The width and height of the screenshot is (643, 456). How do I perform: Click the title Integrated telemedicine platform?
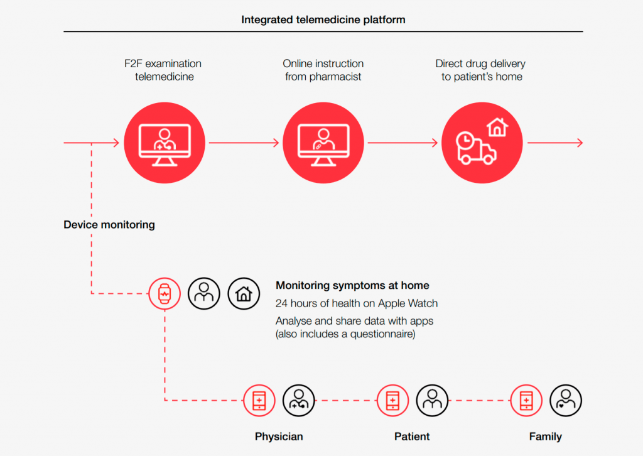click(x=323, y=19)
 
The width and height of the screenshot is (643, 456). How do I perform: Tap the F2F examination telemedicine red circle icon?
click(x=165, y=143)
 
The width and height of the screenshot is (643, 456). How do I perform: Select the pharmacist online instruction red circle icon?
click(x=323, y=143)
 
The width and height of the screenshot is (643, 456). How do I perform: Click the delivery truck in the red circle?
click(x=476, y=149)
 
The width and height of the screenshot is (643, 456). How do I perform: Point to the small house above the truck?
click(x=497, y=127)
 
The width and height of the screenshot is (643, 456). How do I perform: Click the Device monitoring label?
click(x=109, y=225)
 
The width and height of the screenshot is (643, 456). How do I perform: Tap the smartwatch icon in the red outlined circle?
click(x=165, y=293)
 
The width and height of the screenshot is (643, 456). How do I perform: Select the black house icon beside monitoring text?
click(x=244, y=293)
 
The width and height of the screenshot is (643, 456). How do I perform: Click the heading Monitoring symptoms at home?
click(x=352, y=285)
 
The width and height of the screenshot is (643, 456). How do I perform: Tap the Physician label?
click(x=279, y=437)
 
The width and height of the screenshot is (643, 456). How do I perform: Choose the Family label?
click(x=546, y=437)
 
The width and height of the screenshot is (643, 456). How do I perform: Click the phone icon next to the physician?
click(x=259, y=400)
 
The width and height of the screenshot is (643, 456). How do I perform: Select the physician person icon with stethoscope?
click(x=298, y=400)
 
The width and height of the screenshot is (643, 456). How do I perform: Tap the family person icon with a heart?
click(x=566, y=400)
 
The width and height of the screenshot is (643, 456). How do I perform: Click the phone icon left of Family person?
click(x=526, y=400)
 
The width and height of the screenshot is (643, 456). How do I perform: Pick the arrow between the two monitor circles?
click(x=244, y=143)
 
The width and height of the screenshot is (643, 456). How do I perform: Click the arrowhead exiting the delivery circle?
click(x=580, y=143)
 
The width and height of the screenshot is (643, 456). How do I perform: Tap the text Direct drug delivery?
click(x=480, y=63)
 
